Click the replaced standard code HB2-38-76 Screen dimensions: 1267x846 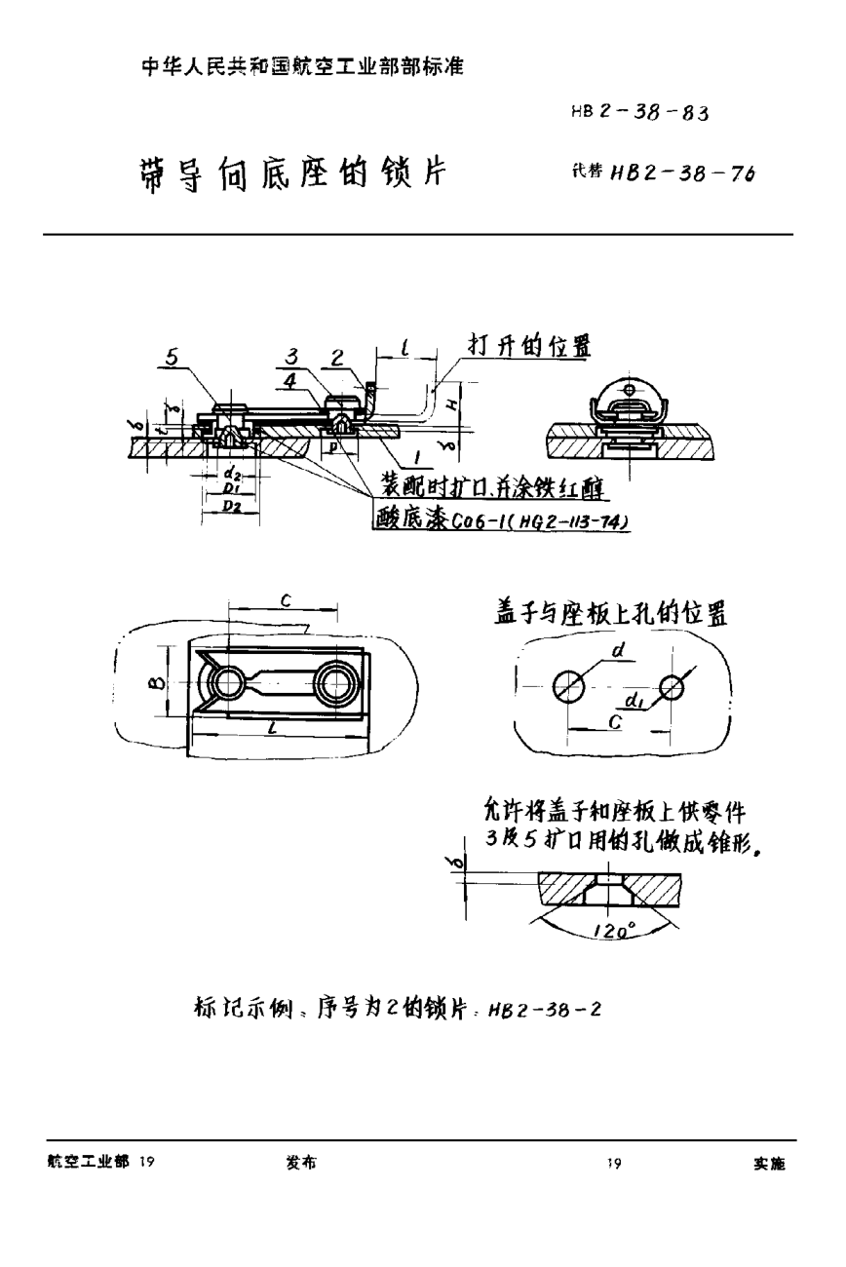click(x=682, y=173)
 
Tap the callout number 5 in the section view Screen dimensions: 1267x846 click(x=172, y=358)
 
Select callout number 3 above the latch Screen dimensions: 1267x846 click(x=292, y=358)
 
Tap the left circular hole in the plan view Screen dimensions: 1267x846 click(x=227, y=682)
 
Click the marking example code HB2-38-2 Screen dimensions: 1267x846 click(x=551, y=1010)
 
